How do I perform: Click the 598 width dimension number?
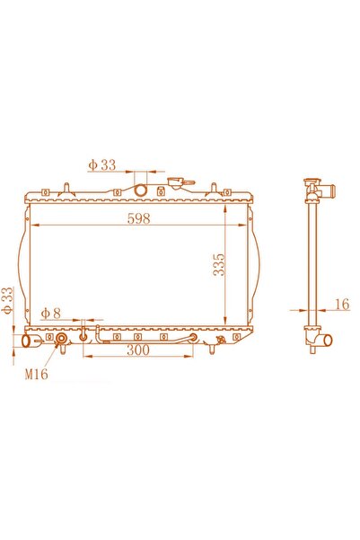pos(138,218)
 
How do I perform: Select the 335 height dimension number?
pos(218,264)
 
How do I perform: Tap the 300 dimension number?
pos(138,350)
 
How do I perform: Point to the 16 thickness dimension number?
pos(342,304)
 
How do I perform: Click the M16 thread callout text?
pos(36,374)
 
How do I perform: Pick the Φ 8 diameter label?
pos(50,313)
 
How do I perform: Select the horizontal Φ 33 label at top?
pos(101,164)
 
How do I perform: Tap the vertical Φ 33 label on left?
pos(7,300)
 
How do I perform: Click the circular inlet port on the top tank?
pos(140,190)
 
